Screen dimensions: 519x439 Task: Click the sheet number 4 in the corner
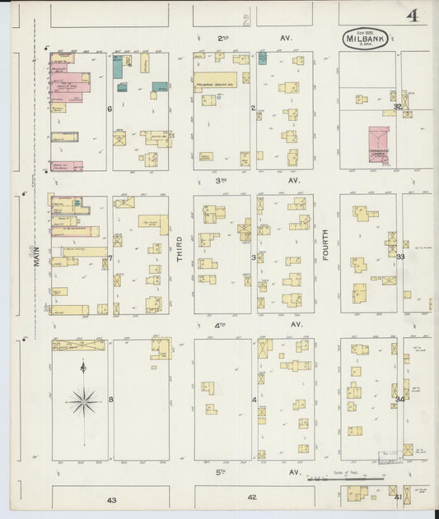[411, 15]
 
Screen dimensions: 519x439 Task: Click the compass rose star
[83, 402]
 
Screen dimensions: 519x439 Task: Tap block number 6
[109, 108]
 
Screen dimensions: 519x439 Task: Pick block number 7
[109, 258]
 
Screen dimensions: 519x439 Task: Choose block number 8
[110, 400]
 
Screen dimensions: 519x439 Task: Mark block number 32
[397, 106]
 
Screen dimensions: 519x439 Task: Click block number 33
[400, 257]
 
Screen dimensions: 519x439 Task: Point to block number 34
[399, 399]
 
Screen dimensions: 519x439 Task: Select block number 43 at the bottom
[111, 499]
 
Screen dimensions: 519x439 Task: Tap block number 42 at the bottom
[252, 497]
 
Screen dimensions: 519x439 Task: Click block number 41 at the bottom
[397, 498]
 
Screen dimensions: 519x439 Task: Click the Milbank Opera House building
[216, 82]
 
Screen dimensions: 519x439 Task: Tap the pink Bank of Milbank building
[66, 165]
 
